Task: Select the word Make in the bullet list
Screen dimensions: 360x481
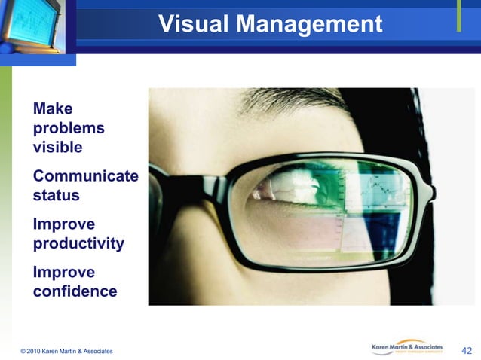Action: click(x=53, y=108)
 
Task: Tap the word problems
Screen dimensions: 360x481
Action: click(x=69, y=128)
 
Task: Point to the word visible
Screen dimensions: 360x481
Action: click(x=57, y=147)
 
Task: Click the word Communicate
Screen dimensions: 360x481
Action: click(x=85, y=176)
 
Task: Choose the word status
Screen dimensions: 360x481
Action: click(x=56, y=195)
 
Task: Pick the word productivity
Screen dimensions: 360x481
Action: click(x=78, y=243)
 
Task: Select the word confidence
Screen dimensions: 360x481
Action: click(x=75, y=291)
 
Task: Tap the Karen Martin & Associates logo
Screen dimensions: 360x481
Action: click(x=412, y=347)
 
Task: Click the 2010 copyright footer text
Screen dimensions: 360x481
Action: click(x=67, y=351)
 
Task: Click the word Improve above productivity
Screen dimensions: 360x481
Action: click(x=64, y=224)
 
